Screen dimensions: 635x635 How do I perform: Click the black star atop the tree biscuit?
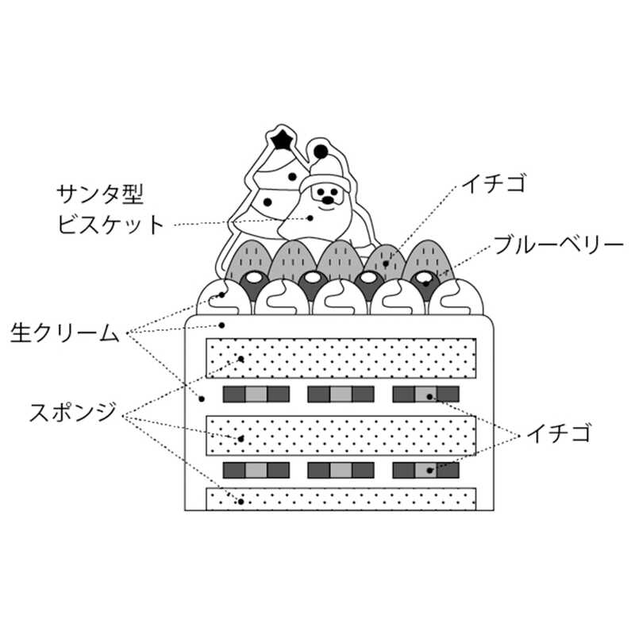279,140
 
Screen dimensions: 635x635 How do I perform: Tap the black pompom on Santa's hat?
321,150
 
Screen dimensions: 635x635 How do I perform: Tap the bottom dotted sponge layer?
341,499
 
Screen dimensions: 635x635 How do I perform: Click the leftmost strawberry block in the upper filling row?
256,394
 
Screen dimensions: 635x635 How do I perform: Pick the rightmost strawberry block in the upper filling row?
426,394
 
